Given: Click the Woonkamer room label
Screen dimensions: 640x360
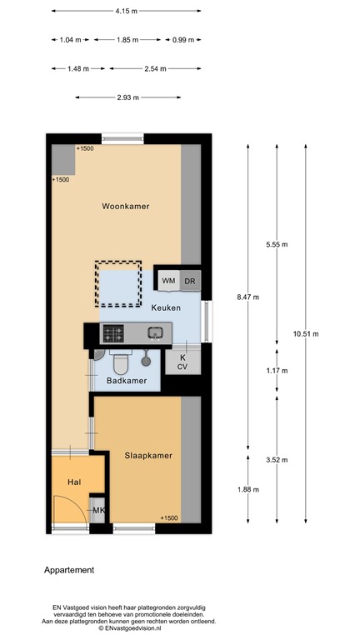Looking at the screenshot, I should [126, 206].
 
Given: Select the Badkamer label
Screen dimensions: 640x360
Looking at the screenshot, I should [127, 381].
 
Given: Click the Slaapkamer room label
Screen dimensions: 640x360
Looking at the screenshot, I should [147, 456].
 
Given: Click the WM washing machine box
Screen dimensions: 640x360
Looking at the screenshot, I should [168, 281].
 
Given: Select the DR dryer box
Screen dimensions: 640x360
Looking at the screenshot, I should [190, 281].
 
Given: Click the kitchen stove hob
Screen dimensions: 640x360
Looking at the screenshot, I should [112, 333].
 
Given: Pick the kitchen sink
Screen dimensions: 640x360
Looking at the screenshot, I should [155, 333].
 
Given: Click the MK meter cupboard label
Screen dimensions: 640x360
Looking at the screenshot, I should [98, 510].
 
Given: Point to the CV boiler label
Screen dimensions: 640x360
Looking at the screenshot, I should [182, 366].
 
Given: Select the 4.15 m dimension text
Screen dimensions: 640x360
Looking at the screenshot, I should [127, 12].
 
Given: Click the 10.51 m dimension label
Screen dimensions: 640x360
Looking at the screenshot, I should [306, 333].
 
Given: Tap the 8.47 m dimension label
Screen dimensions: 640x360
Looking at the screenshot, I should [247, 297].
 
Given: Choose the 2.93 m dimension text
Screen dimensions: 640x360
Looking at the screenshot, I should [127, 97].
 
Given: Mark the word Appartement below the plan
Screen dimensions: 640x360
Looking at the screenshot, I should [69, 571].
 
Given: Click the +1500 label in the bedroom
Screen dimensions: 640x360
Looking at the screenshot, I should [167, 518].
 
